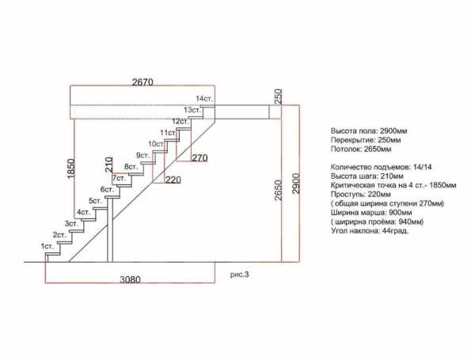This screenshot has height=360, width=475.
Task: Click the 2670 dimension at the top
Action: [x=142, y=82]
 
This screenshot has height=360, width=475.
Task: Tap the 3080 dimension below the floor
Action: [x=131, y=279]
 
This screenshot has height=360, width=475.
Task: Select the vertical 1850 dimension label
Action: [x=70, y=169]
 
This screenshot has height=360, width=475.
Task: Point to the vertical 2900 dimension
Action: [x=296, y=184]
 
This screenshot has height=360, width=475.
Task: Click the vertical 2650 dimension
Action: [x=278, y=190]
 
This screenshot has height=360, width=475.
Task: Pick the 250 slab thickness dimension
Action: [x=278, y=97]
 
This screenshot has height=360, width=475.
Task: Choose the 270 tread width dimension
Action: [x=199, y=157]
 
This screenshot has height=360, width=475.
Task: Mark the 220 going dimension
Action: [x=173, y=180]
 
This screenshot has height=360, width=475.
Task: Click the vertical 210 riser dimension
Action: [x=108, y=165]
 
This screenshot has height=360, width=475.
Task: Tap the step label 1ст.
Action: [x=47, y=246]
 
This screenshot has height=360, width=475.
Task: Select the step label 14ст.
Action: [x=204, y=99]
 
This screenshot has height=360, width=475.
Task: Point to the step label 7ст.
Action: [x=120, y=178]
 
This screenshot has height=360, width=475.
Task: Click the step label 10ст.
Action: [x=157, y=143]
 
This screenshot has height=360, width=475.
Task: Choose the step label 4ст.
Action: [x=83, y=212]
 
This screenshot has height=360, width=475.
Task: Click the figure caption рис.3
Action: [x=239, y=275]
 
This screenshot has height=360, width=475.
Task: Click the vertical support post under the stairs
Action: [x=110, y=229]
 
